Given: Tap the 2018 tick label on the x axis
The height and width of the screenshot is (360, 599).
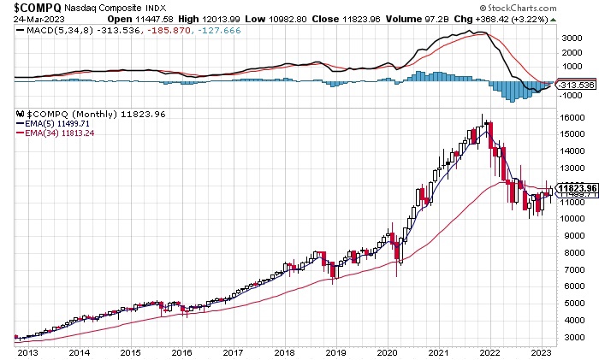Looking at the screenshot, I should pyautogui.click(x=284, y=351).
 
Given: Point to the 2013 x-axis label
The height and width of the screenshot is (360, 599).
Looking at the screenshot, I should pyautogui.click(x=27, y=351).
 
